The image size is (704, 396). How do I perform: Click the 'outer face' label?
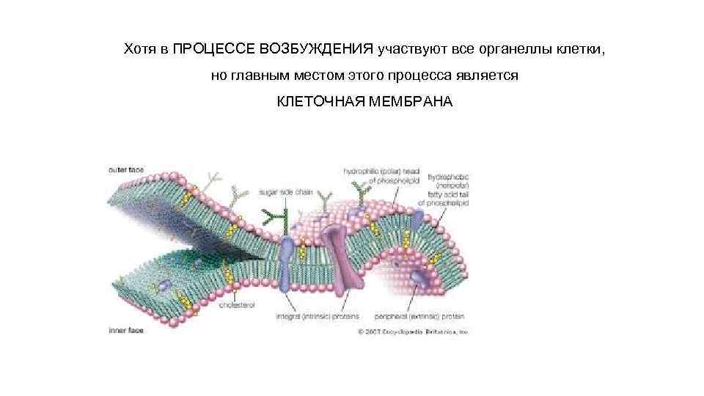click(126, 169)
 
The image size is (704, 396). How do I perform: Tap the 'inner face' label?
click(126, 330)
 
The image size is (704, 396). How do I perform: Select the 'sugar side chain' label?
click(285, 192)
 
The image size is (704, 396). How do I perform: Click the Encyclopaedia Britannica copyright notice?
click(412, 331)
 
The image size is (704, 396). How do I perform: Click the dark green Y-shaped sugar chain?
click(276, 217)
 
